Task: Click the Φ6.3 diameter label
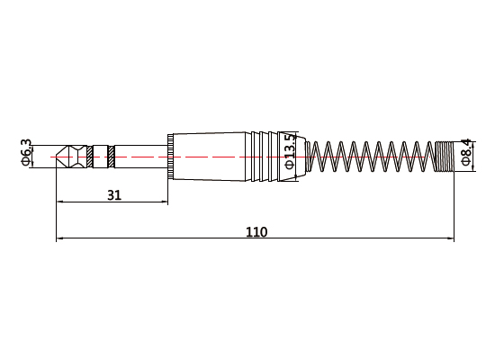[26, 152]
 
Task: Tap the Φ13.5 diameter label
[290, 151]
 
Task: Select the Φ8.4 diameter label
[466, 152]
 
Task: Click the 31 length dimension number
[114, 195]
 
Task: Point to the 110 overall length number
[256, 232]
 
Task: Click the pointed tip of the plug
[57, 157]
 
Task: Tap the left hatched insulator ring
[90, 157]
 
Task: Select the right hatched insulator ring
[111, 157]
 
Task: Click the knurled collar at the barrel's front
[170, 157]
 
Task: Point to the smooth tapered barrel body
[210, 157]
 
